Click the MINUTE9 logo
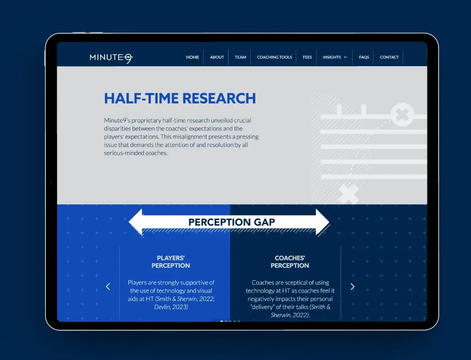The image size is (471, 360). point(111,57)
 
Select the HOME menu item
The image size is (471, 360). point(193,57)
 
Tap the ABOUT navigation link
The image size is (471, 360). point(217,57)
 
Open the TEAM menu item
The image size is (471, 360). point(240,57)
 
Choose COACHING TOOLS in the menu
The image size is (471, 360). point(274,57)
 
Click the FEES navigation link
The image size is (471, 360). point(308,57)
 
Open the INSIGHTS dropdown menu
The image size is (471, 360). point(332,57)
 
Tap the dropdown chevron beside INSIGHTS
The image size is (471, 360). point(345,58)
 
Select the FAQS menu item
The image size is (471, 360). point(364,57)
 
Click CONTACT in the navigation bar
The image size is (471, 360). point(389,57)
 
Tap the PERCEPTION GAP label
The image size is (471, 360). point(231,222)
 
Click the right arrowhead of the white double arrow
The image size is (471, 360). point(323,221)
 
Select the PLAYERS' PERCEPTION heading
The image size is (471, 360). point(171,262)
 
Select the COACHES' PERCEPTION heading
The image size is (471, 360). point(290,262)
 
